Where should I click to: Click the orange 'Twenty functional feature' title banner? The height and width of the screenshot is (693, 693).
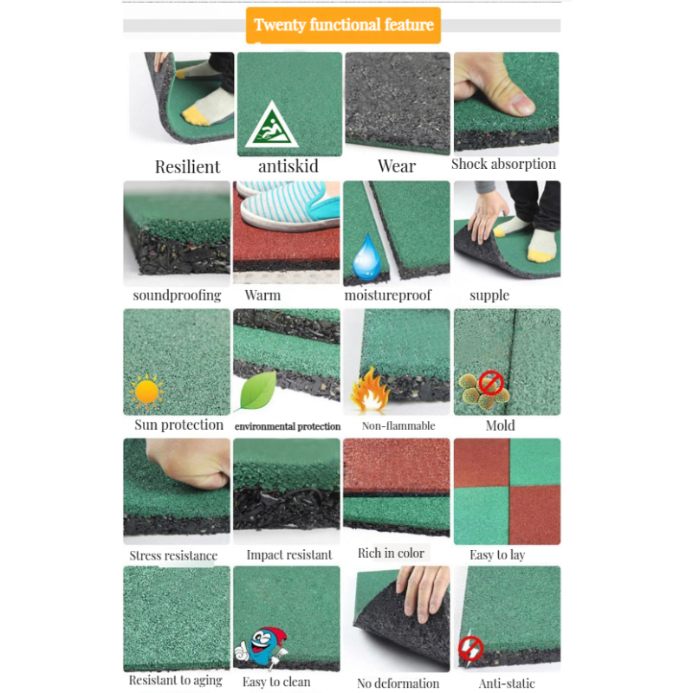click(343, 25)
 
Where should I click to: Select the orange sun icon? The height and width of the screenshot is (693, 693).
click(146, 392)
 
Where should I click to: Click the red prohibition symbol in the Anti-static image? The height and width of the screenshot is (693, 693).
click(470, 646)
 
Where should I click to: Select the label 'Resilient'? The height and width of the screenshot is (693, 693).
click(187, 166)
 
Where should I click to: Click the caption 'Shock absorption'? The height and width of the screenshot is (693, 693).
click(503, 164)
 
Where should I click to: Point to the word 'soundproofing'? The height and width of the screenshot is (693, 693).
click(177, 295)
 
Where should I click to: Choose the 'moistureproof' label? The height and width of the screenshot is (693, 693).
click(387, 295)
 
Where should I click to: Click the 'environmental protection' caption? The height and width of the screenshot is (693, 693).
click(288, 426)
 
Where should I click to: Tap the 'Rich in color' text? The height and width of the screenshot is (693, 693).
click(391, 553)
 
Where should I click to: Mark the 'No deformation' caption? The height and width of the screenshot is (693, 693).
click(398, 682)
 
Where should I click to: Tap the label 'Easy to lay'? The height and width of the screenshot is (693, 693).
click(497, 554)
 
